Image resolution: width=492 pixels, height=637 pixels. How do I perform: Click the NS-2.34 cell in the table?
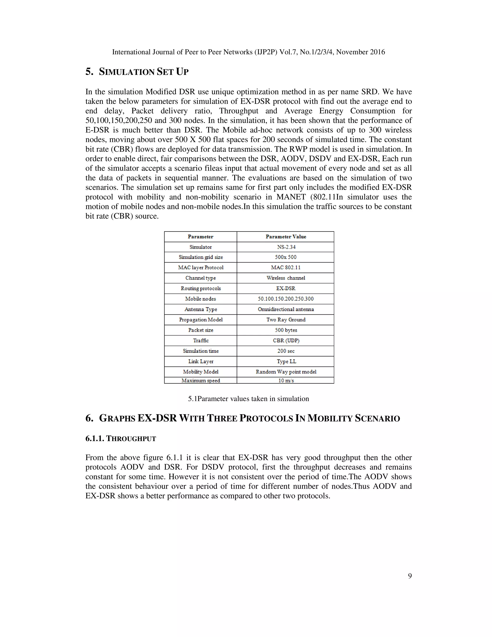[x=286, y=247]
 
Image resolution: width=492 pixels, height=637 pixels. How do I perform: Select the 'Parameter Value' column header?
[x=286, y=237]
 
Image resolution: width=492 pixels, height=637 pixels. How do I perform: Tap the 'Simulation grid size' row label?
[x=201, y=257]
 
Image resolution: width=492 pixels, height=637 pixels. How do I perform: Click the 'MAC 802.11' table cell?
[x=286, y=268]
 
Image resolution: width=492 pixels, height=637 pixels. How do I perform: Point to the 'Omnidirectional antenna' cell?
[x=286, y=309]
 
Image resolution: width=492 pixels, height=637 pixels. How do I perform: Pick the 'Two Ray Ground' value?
[x=286, y=320]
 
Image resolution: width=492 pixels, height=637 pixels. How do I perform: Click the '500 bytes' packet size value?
[x=286, y=330]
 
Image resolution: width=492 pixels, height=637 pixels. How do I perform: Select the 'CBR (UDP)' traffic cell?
[x=286, y=340]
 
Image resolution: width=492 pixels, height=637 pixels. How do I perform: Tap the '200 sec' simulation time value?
[x=286, y=351]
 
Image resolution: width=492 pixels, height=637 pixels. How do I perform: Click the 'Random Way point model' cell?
[x=286, y=372]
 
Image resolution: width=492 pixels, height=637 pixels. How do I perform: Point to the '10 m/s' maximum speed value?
[x=286, y=381]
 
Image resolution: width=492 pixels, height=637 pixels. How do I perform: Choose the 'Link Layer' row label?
[x=201, y=361]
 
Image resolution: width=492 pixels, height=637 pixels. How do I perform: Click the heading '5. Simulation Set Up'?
[x=137, y=72]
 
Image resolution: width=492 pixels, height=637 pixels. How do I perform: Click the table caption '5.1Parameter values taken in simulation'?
[x=248, y=399]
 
